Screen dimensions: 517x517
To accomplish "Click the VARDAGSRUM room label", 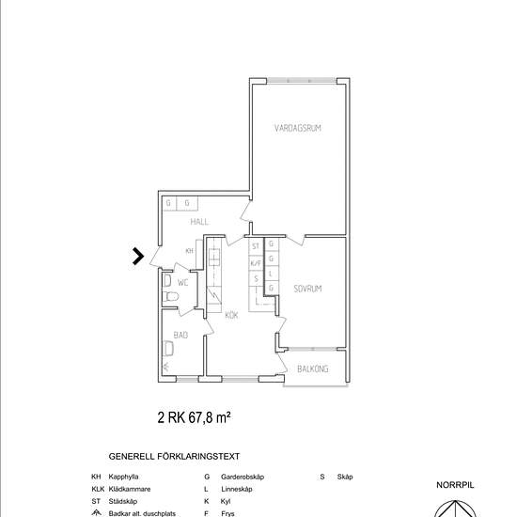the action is click(298, 128).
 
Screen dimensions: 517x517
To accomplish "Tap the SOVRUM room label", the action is click(307, 289).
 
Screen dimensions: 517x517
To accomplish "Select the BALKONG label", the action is click(313, 369).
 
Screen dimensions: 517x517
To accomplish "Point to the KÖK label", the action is click(231, 315).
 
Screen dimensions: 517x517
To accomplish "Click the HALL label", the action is click(199, 222).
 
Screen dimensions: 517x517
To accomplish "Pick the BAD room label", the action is click(180, 335).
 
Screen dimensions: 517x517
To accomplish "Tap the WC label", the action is click(182, 283).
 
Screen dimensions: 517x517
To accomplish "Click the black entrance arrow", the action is click(138, 257).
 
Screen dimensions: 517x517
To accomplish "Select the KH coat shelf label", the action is click(189, 251).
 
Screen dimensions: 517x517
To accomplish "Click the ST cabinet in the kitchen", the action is click(256, 246).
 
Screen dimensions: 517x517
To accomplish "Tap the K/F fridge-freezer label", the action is click(256, 263).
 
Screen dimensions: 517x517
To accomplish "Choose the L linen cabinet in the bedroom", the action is click(271, 274).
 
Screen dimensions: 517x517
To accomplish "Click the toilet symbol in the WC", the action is click(170, 296).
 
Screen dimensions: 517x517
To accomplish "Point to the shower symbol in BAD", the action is click(165, 367).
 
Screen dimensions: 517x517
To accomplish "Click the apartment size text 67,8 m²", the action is click(210, 417).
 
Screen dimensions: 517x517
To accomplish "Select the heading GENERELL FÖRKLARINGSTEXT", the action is click(174, 457).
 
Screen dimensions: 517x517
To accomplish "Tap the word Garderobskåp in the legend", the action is click(243, 477).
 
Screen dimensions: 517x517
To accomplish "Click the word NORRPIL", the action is click(455, 485).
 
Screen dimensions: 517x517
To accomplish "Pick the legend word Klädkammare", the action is click(130, 489).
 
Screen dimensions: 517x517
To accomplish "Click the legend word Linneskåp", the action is click(237, 489).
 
